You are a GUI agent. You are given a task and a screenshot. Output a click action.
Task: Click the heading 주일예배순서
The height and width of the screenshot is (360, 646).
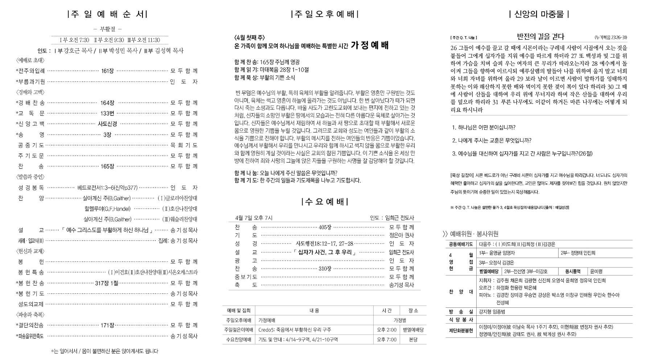pos(107,15)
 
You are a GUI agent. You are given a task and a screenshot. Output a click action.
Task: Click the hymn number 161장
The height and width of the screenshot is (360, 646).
pos(107,71)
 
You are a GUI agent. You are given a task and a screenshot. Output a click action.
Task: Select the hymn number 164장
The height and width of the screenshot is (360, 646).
pos(107,103)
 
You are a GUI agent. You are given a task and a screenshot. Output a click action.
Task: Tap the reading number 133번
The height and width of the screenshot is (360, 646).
pos(107,114)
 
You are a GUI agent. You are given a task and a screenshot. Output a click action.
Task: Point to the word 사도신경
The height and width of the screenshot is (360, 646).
pos(107,124)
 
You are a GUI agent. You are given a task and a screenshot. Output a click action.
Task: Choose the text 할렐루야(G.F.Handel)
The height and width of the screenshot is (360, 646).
pos(107,209)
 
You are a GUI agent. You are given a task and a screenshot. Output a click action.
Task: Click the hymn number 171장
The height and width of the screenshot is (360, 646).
pos(107,326)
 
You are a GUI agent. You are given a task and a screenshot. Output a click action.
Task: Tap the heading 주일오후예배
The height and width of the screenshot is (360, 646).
pos(324,15)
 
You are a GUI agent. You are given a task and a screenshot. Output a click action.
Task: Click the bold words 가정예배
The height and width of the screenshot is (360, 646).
pos(370,46)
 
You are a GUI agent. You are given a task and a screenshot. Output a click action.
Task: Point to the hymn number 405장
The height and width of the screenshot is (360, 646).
pos(325,228)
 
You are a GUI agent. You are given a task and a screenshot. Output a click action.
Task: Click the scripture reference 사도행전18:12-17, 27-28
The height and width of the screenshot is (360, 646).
pos(325,244)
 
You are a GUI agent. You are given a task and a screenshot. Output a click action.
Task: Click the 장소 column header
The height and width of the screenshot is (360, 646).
pos(413,311)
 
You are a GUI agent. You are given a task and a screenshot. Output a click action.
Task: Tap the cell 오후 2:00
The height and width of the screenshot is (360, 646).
pos(386,330)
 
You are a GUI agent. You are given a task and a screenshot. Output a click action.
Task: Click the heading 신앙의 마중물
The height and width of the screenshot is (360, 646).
pos(539,15)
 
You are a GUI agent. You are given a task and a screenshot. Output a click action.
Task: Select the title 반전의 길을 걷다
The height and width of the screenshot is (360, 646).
pos(540,37)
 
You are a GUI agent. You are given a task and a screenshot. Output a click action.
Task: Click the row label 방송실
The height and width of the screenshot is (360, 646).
pos(461,312)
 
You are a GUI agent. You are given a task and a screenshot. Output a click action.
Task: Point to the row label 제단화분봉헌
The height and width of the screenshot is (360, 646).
pos(461,331)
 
